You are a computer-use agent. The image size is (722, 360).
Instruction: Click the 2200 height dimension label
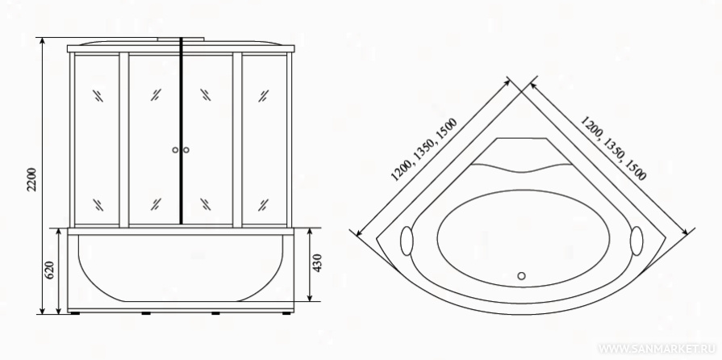coord(31,180)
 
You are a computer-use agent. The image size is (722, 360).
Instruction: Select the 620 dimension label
coord(50,270)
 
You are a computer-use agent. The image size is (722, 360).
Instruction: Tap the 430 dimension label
coord(317,263)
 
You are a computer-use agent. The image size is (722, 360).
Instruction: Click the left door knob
coord(175,150)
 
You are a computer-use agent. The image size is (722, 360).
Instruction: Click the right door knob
coord(186,150)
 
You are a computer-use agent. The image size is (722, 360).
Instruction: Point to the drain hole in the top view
coord(521,275)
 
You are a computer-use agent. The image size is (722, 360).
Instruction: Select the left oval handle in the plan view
coord(407,241)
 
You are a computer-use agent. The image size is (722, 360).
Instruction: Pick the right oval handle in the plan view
coord(636,241)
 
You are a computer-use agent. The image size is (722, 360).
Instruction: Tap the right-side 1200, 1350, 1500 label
coord(613,148)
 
